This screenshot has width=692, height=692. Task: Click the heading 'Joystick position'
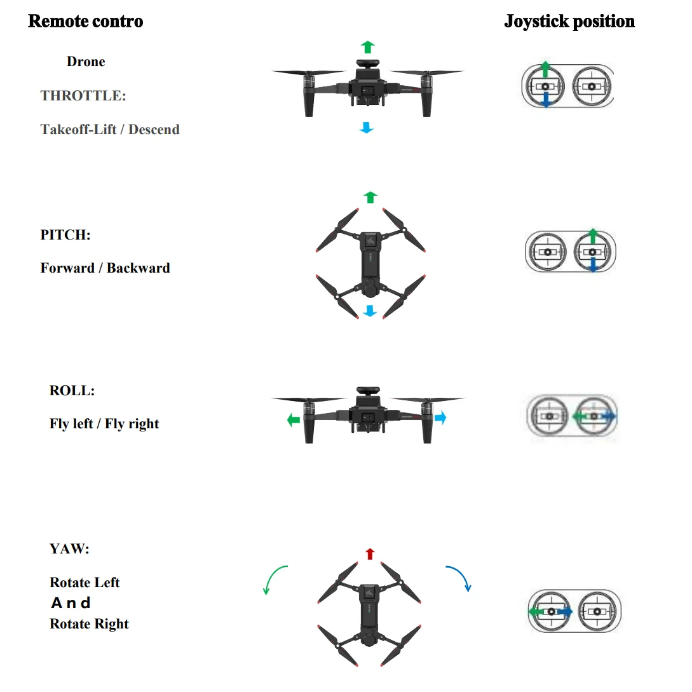569,22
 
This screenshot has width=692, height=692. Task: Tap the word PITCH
65,234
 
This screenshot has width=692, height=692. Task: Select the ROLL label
72,391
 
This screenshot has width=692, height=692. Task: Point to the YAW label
69,548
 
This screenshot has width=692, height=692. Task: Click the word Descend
154,129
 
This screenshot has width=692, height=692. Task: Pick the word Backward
138,268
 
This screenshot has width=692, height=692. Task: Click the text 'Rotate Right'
89,623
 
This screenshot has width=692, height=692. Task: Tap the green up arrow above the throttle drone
368,47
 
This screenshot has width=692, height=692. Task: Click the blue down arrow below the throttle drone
366,128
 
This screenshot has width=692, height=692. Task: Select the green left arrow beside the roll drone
294,419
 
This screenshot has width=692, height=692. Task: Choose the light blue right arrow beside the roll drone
440,417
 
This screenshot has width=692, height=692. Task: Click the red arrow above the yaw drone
370,554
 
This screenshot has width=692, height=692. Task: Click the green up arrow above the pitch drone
370,197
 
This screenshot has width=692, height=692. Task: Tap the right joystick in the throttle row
592,86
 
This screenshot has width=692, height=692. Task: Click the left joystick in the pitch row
547,252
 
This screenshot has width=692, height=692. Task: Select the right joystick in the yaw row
597,611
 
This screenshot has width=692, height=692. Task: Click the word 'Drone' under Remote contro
86,62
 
